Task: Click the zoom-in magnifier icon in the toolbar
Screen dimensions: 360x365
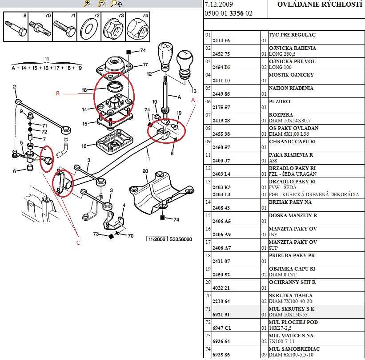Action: (x=87, y=4)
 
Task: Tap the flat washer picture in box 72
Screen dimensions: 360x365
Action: (x=89, y=28)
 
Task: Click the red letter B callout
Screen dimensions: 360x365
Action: (x=57, y=93)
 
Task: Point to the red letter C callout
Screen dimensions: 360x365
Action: (x=78, y=243)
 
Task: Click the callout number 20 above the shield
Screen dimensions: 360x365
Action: (x=145, y=171)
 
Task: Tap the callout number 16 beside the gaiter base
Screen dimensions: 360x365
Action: (x=84, y=146)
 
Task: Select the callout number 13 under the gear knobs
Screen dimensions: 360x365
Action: (x=193, y=91)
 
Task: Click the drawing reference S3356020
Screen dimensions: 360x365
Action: (x=180, y=239)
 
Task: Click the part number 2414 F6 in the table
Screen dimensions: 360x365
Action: (x=221, y=40)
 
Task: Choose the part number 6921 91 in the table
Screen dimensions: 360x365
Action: (x=221, y=315)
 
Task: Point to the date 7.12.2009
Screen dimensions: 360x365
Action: (x=218, y=4)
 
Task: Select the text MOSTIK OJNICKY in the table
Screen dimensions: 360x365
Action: (x=291, y=75)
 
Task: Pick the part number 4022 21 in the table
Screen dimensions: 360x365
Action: (x=221, y=288)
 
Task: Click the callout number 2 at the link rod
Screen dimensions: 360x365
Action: (x=14, y=87)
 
